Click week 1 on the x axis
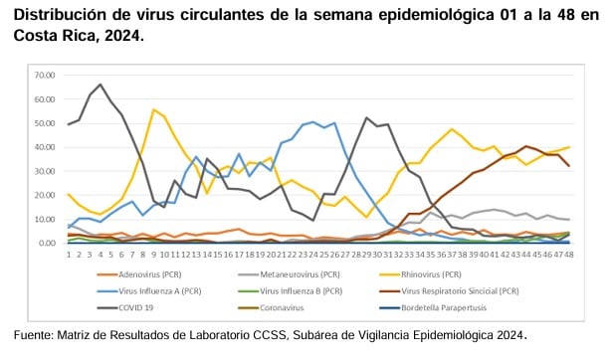click(x=69, y=254)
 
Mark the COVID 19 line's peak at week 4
click(x=101, y=85)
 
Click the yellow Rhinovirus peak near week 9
click(x=153, y=109)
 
